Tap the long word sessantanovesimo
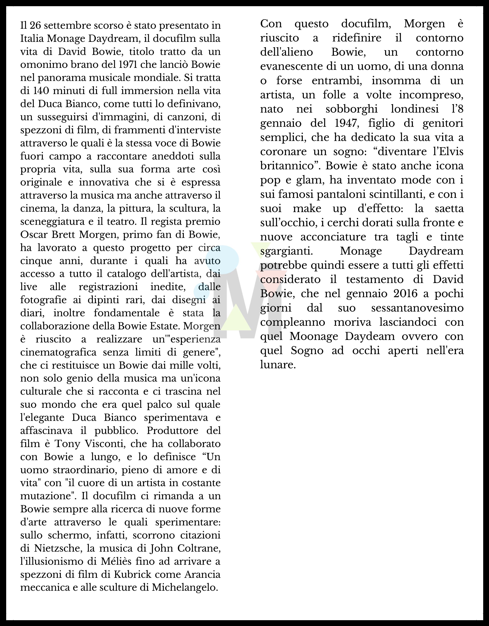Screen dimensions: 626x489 point(417,308)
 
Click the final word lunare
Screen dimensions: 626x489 point(278,365)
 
